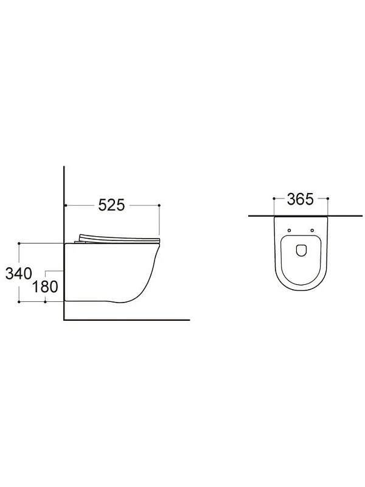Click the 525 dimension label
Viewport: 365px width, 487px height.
(x=111, y=205)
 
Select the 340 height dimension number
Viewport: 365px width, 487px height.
(x=19, y=273)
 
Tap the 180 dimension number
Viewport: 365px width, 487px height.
(x=45, y=287)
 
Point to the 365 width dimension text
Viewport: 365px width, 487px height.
(x=300, y=199)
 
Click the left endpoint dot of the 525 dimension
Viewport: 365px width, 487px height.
(x=66, y=205)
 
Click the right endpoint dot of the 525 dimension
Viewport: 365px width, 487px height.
(x=159, y=205)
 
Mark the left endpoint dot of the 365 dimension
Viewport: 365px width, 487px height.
(x=274, y=198)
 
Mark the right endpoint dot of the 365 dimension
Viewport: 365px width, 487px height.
(x=328, y=198)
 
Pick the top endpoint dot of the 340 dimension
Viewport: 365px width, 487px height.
(x=19, y=243)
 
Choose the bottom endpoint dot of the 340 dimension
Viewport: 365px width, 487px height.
(x=19, y=301)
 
